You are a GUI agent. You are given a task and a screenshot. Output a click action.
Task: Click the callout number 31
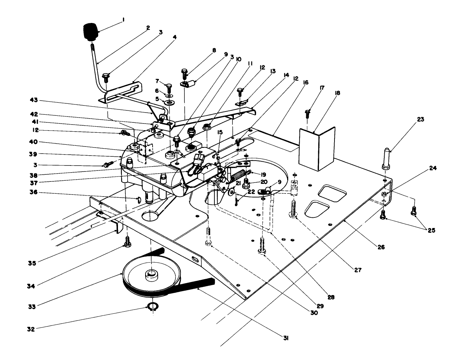pos(286,338)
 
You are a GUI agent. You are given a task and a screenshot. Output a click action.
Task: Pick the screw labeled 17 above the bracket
pos(308,114)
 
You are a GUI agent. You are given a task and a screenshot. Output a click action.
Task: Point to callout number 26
pos(380,247)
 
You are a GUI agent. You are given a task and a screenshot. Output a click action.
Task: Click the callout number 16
pos(305,83)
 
